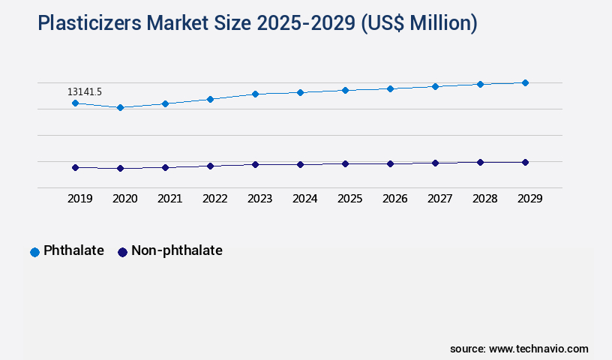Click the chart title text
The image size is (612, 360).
(x=257, y=24)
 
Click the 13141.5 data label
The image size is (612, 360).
(x=85, y=91)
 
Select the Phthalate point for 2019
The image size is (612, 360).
(x=75, y=103)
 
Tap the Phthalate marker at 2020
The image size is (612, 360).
(x=120, y=107)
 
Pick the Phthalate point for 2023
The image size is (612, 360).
(x=255, y=94)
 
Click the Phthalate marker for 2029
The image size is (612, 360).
(x=525, y=82)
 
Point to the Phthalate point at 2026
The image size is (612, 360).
(x=390, y=88)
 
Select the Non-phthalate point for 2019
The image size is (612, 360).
(x=75, y=167)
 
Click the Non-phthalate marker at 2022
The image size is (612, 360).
(x=210, y=166)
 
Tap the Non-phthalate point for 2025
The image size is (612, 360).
(x=345, y=163)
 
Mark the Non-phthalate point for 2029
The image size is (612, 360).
(x=525, y=162)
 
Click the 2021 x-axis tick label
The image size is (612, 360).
(x=169, y=199)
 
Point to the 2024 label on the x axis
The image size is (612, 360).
(x=304, y=199)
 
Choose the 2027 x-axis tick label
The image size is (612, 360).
(x=439, y=199)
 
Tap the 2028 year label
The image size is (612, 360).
(x=484, y=199)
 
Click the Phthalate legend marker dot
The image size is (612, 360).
(x=34, y=252)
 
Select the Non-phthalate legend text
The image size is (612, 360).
(x=176, y=251)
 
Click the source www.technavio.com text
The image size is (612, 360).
(x=519, y=349)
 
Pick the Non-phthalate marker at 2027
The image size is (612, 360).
(x=435, y=163)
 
